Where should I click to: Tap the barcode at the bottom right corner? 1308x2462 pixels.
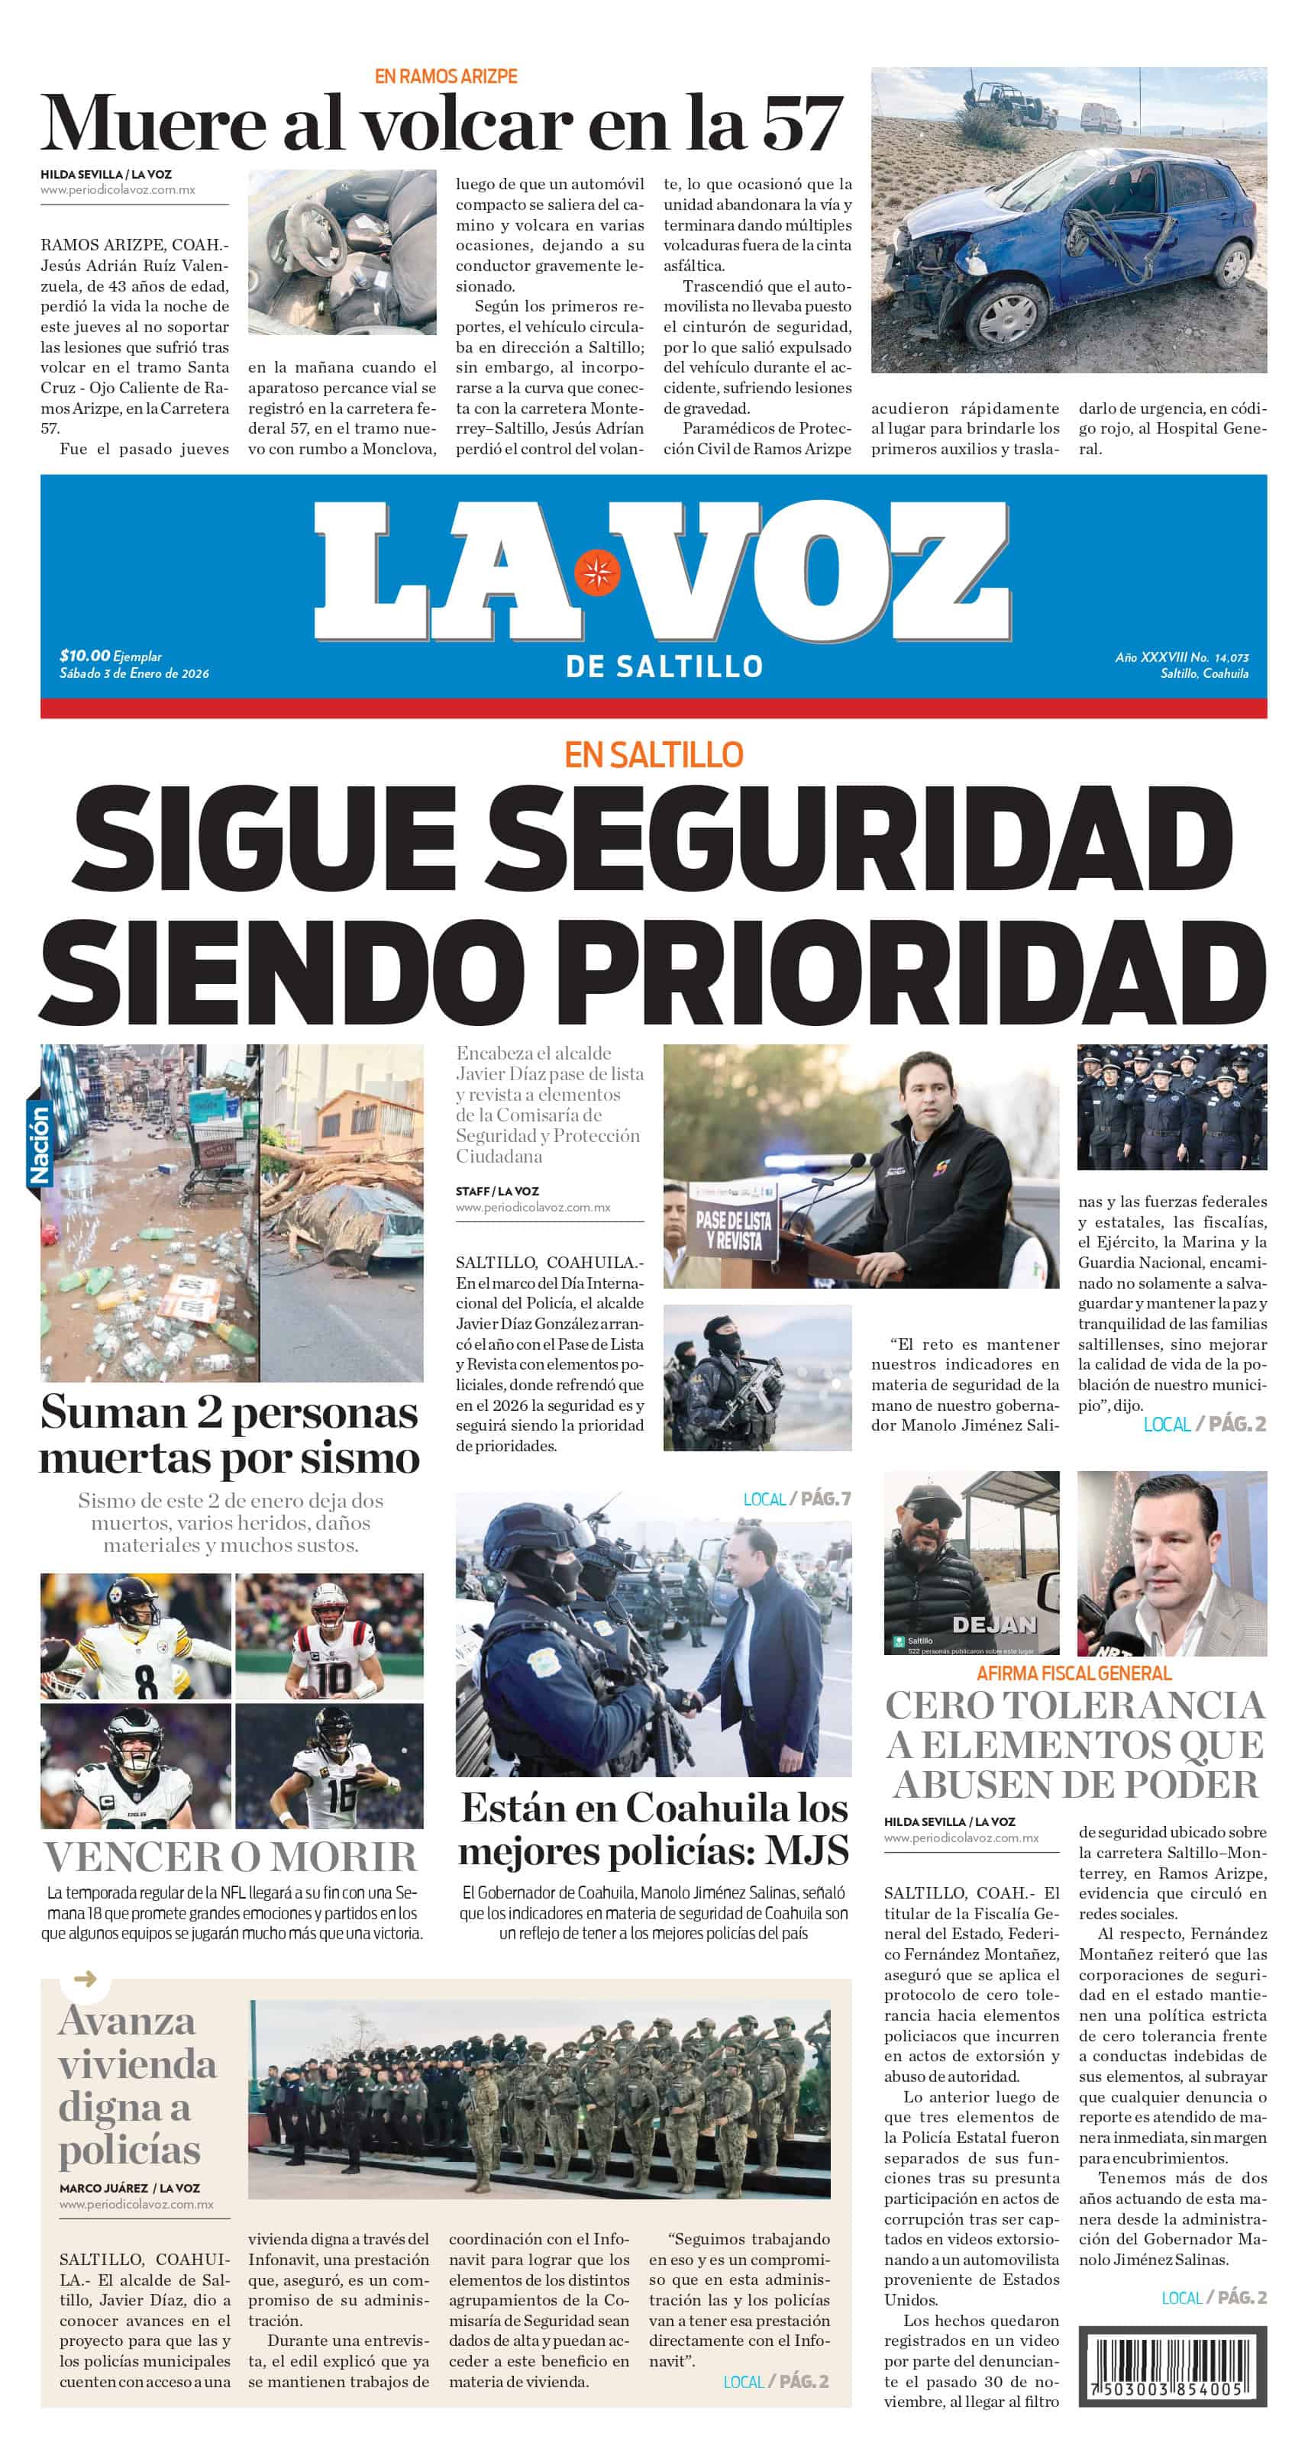[1171, 2367]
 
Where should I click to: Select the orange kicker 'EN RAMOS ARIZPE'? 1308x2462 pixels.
[446, 76]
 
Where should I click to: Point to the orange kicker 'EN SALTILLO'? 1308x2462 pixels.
[654, 755]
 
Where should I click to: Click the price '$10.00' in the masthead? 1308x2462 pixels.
[84, 656]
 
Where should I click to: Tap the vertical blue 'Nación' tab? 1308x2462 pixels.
[39, 1144]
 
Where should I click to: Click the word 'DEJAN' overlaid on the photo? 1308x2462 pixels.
[993, 1624]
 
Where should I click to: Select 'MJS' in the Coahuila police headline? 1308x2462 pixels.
[807, 1851]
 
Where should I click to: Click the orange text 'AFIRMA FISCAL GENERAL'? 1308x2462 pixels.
[1074, 1673]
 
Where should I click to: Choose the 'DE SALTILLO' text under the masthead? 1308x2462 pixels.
[664, 666]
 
